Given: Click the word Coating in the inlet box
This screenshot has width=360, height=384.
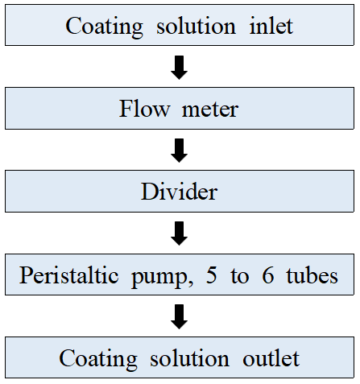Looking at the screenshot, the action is [104, 27].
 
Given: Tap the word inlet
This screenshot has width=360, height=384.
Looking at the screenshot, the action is [271, 26].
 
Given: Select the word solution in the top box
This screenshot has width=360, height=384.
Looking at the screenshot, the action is [196, 26].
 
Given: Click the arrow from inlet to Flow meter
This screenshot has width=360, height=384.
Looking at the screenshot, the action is [179, 68].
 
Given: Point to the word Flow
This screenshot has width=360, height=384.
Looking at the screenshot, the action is [144, 109].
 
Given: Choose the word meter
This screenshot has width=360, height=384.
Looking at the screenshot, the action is [210, 110].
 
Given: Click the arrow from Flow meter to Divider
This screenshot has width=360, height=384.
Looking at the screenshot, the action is [179, 151].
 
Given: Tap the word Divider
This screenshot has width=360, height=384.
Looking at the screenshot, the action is [179, 192].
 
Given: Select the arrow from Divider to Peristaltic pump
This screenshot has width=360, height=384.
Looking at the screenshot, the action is [179, 233].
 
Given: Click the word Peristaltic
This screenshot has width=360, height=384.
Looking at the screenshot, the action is [68, 275].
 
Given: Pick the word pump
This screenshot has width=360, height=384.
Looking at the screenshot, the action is [159, 278].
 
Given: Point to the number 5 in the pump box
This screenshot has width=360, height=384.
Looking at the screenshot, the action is [212, 275].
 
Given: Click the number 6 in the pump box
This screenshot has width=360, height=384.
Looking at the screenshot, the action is [268, 275].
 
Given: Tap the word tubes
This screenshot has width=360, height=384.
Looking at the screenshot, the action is [312, 275].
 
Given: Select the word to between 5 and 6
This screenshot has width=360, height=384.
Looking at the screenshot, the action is [239, 276].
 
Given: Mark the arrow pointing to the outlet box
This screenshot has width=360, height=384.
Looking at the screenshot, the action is [179, 316].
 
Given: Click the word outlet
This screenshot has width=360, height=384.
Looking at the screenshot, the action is [271, 358].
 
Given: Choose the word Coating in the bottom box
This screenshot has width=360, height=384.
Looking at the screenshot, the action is [98, 360].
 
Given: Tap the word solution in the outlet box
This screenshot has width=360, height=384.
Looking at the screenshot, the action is [189, 358].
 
